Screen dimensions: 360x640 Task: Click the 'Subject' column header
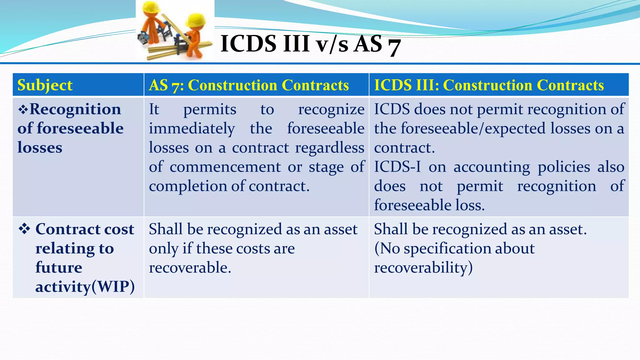(45, 85)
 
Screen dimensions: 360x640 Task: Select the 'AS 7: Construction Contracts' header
(249, 85)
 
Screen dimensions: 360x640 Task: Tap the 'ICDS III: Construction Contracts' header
(489, 85)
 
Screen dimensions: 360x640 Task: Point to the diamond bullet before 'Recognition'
(23, 110)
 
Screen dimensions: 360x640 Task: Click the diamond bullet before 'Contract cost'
(24, 229)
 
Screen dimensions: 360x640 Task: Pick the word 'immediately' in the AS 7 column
(192, 129)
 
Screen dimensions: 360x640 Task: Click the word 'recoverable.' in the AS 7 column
(190, 268)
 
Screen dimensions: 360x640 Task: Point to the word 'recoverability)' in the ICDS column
(423, 268)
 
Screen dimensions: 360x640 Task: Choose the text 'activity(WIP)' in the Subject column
(85, 287)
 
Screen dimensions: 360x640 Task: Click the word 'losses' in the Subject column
(40, 148)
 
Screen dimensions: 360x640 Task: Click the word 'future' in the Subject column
(59, 268)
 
